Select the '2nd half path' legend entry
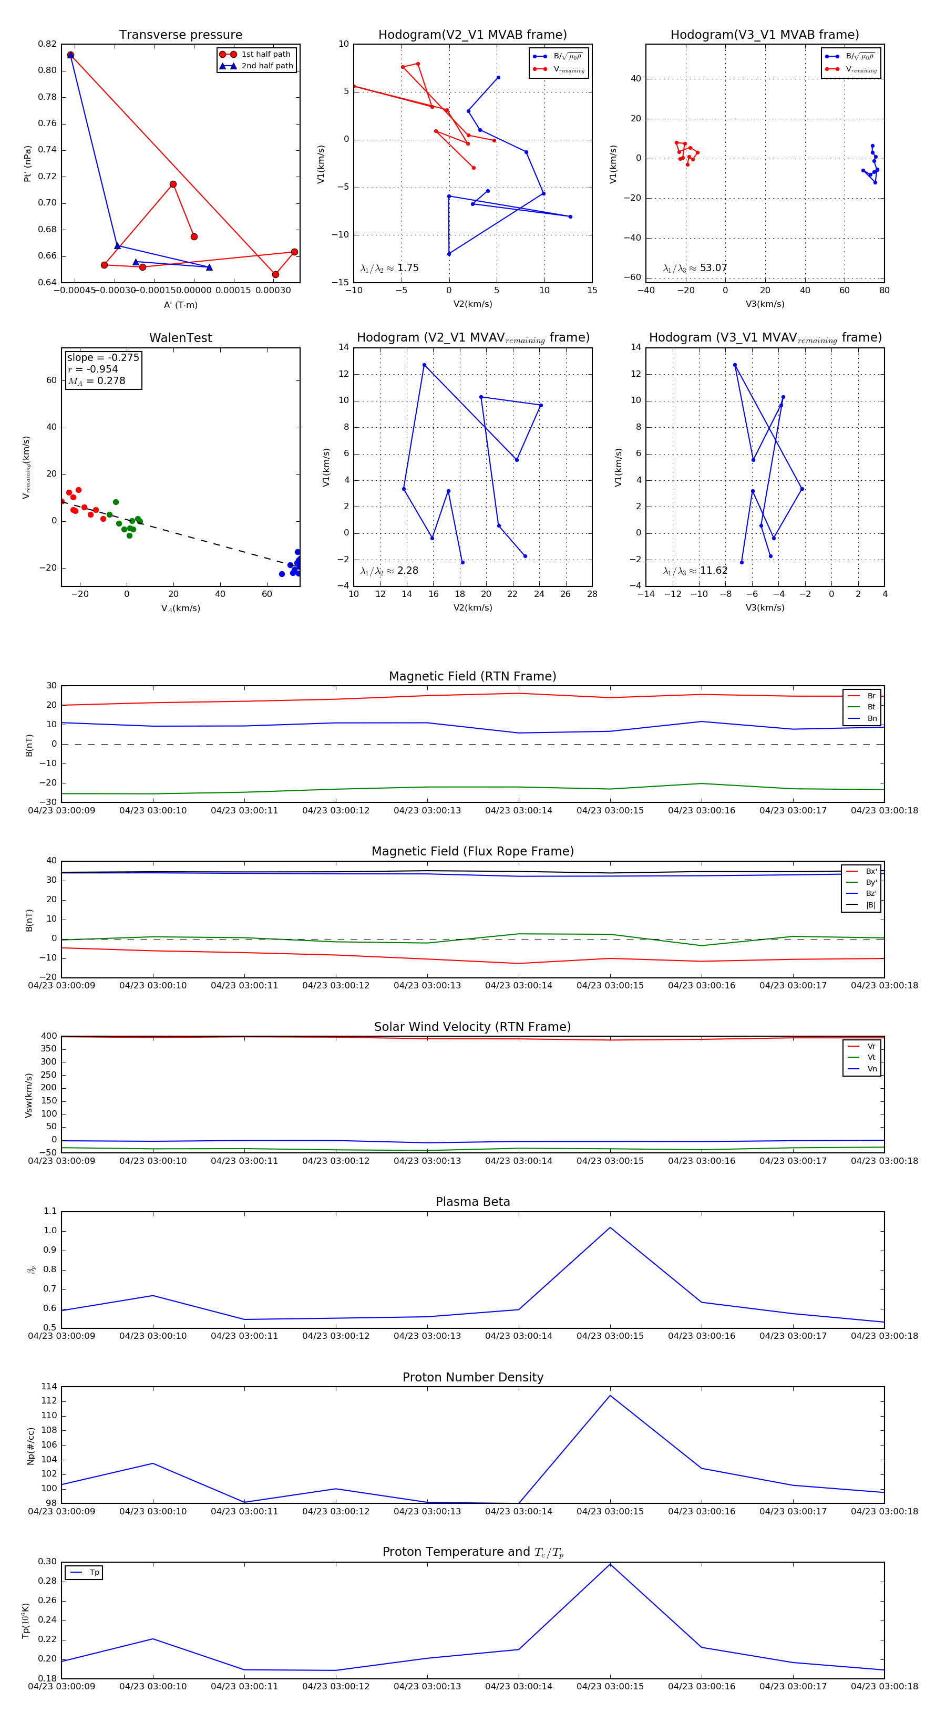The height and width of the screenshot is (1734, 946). click(266, 66)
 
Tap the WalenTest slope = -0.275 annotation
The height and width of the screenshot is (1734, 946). click(103, 357)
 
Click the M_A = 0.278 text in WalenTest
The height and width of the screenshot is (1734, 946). click(96, 381)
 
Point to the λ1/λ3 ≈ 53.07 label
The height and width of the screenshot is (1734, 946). click(695, 268)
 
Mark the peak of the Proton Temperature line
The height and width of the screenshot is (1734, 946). click(610, 1564)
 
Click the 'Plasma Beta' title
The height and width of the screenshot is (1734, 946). click(472, 1202)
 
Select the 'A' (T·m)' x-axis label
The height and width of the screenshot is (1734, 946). click(180, 305)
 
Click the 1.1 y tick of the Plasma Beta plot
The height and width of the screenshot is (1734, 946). click(50, 1211)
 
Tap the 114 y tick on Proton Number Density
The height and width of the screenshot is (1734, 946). click(48, 1386)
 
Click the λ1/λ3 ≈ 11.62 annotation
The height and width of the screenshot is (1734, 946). click(695, 571)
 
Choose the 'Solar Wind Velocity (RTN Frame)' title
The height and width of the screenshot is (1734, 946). click(472, 1027)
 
